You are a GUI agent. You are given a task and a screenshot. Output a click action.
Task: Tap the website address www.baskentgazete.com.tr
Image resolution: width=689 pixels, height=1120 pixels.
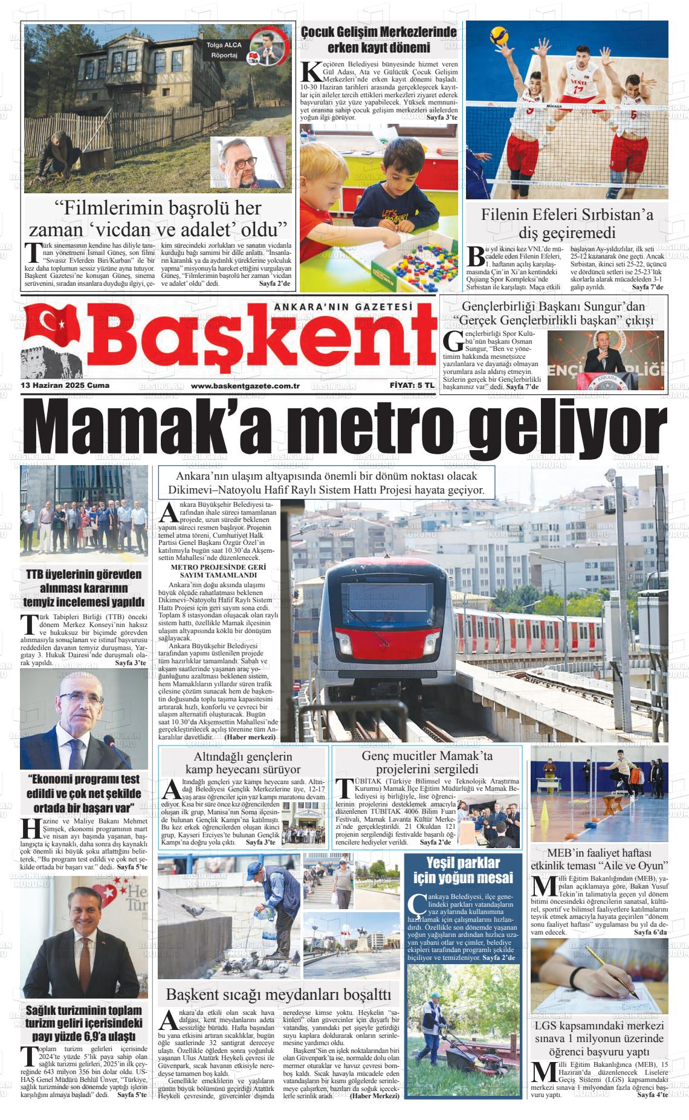tap(245, 385)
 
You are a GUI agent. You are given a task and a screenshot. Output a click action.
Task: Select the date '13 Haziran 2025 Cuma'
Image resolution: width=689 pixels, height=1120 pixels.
tap(65, 385)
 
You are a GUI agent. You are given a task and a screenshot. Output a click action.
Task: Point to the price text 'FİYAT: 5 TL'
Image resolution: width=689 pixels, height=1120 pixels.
tap(412, 385)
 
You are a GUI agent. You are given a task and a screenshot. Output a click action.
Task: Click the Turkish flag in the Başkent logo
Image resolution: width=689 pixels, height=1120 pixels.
tap(54, 326)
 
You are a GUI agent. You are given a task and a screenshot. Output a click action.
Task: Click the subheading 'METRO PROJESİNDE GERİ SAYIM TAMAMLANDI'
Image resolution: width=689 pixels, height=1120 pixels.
tap(219, 571)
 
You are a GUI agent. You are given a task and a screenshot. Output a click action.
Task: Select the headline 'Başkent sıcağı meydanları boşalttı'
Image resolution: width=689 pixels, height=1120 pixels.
tap(278, 994)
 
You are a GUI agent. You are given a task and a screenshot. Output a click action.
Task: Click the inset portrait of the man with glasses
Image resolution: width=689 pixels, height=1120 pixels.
tap(248, 161)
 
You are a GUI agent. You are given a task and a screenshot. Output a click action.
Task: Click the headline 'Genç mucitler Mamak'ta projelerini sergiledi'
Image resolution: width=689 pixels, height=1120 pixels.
tap(427, 762)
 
